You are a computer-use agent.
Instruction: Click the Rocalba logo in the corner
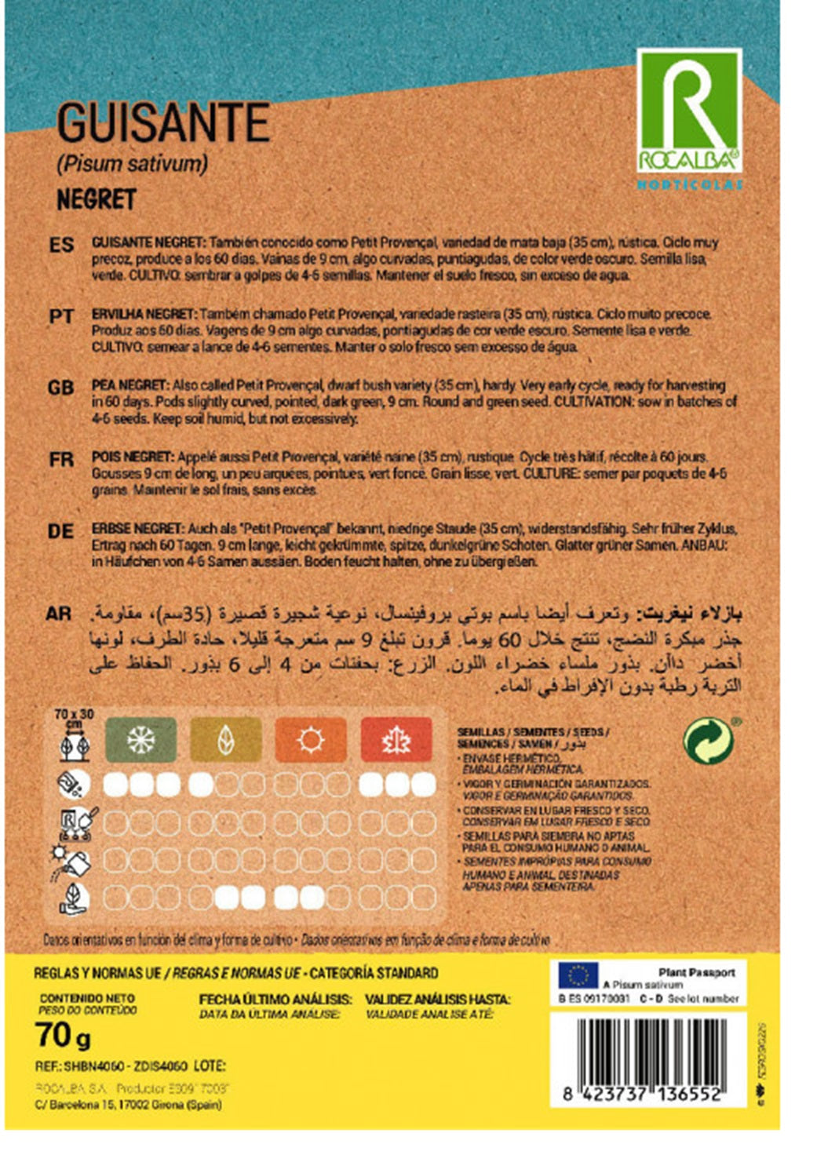coord(688,111)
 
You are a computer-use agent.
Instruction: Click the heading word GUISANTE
coord(163,123)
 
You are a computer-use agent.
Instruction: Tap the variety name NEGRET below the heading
coord(97,199)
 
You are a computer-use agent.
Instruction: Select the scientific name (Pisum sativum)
coord(132,163)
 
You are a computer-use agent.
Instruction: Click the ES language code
coord(61,245)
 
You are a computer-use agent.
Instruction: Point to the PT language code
coord(61,316)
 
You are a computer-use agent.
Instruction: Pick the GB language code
coord(61,388)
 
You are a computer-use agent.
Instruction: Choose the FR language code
coord(61,459)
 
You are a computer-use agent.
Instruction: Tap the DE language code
coord(61,531)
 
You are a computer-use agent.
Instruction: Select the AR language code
coord(59,614)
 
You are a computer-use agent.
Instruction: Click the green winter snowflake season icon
coord(140,739)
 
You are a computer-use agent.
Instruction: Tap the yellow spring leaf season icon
coord(225,739)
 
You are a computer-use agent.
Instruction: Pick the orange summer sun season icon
coord(311,739)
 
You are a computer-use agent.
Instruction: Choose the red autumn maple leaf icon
coord(396,739)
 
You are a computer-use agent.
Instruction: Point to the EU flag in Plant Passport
coord(578,975)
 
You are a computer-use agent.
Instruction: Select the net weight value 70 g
coord(63,1036)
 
